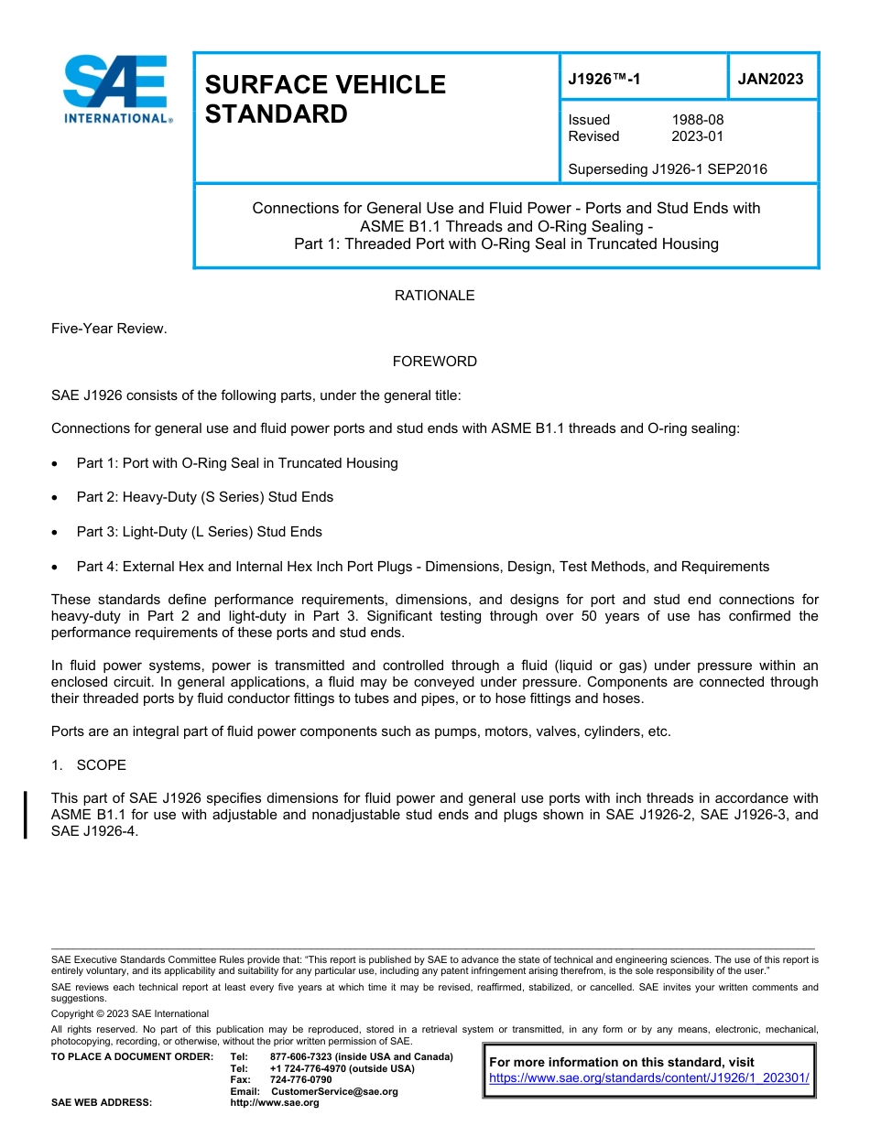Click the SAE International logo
coord(116,89)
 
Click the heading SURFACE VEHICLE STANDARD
coord(324,99)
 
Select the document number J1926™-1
coord(604,79)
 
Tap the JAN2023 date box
coord(770,79)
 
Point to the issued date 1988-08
coord(697,120)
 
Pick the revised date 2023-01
coord(697,136)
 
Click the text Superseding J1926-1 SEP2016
coord(668,169)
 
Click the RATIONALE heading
coord(434,296)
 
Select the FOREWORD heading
coord(434,362)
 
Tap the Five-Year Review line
coord(109,329)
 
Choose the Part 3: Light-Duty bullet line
coord(199,532)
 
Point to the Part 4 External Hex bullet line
coord(422,567)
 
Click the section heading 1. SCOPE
coord(89,764)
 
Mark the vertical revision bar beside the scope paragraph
coord(26,815)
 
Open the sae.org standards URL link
coord(649,1078)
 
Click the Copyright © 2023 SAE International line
coord(130,1013)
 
